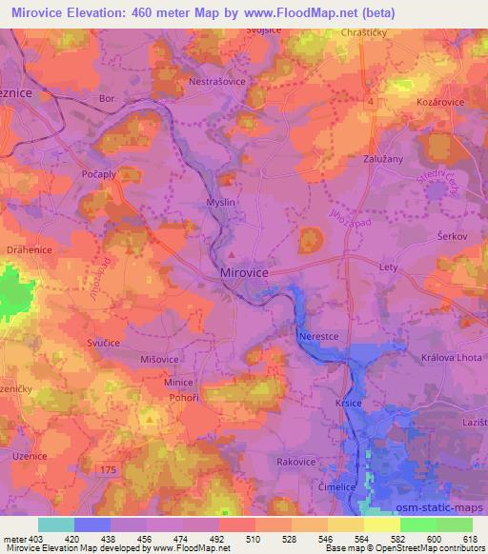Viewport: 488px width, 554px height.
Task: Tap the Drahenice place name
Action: point(30,248)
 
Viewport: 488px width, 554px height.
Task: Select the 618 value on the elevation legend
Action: point(469,538)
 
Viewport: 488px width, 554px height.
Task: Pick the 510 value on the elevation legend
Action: point(252,538)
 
